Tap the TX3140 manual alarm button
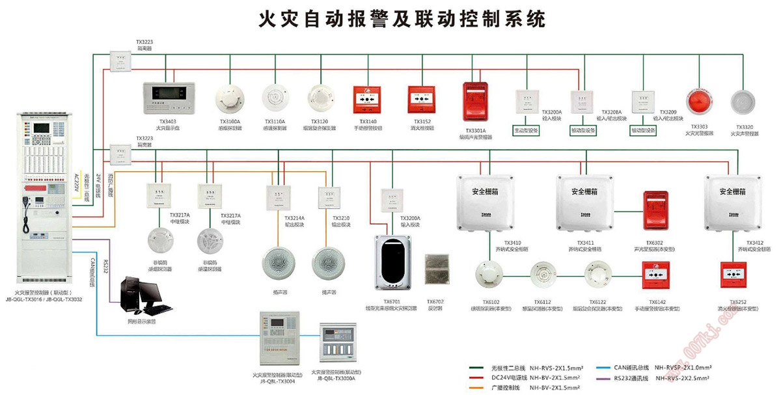[x=367, y=99]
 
